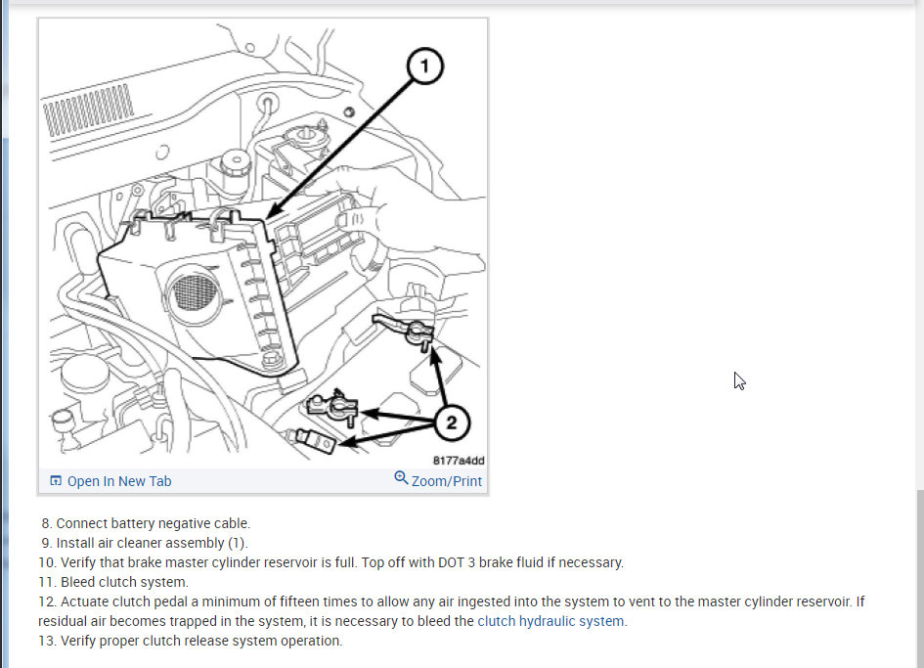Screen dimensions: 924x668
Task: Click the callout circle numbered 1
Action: click(425, 67)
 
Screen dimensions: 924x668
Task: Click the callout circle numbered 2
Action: click(452, 423)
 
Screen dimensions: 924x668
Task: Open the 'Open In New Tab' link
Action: click(119, 481)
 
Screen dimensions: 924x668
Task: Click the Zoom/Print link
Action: click(447, 481)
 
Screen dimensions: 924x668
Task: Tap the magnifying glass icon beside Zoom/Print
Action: click(401, 477)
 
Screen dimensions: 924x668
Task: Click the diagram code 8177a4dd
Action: click(459, 461)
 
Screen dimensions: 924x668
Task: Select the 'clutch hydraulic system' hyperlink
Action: click(550, 621)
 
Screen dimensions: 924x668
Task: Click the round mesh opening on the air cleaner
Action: click(194, 293)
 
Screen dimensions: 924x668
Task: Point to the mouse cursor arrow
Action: click(739, 380)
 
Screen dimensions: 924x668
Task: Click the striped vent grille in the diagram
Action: click(88, 110)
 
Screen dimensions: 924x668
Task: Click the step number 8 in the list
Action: click(47, 523)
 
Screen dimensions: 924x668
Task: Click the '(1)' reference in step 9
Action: click(238, 543)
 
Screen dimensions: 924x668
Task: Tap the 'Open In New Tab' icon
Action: click(56, 480)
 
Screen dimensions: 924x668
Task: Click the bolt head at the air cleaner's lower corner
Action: click(271, 359)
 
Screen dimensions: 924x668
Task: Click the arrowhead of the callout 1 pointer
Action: click(272, 213)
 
